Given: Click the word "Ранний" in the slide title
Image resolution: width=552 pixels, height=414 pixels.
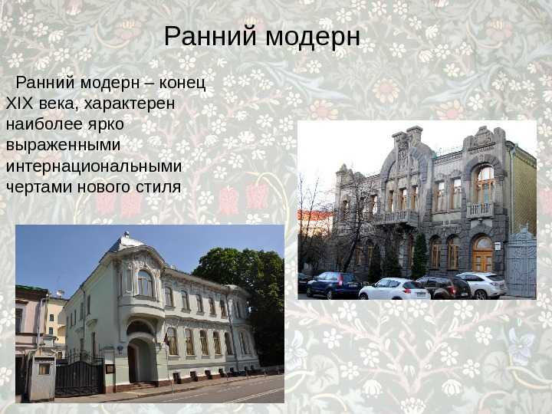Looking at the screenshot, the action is tap(210, 36).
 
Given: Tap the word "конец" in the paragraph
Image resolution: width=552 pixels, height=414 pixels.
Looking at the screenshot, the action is tap(182, 83).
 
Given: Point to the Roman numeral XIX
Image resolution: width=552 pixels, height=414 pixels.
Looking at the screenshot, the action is tap(19, 103).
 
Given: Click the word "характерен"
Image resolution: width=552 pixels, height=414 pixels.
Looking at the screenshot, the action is tap(130, 104).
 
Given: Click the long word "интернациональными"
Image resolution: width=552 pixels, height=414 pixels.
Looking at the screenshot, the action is tap(94, 166).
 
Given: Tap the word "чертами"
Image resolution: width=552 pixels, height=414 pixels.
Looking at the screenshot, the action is tap(39, 187).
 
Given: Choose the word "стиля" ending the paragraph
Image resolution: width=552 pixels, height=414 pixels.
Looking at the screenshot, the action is tap(159, 187).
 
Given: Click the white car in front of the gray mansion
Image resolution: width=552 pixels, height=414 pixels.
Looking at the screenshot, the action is tap(394, 289).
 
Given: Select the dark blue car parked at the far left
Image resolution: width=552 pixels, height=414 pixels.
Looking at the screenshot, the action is tap(334, 284).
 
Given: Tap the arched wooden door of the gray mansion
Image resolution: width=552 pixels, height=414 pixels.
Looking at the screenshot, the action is tap(482, 254).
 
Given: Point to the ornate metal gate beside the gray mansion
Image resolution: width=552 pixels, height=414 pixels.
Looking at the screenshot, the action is tap(521, 262).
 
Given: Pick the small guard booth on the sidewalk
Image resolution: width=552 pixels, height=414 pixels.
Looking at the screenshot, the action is tap(42, 379).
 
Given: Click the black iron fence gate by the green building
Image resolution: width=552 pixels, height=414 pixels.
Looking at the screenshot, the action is tap(80, 376).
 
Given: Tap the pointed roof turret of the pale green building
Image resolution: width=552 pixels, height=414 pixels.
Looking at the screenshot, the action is tap(126, 242).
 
